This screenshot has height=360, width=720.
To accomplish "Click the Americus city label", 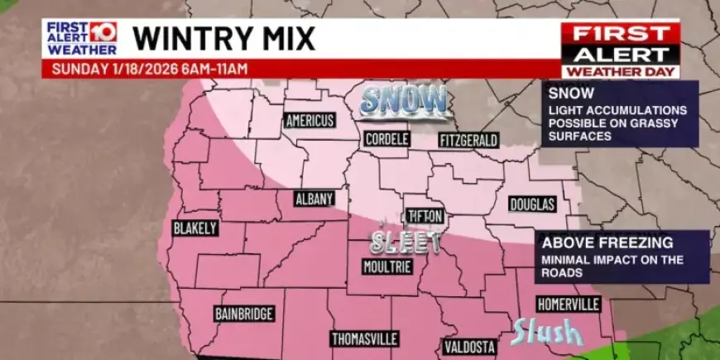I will [x=310, y=121].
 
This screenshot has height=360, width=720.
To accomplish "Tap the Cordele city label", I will [x=386, y=139].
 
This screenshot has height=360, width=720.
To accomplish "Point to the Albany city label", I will [x=314, y=199].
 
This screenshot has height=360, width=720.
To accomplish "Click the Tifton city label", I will [x=426, y=216].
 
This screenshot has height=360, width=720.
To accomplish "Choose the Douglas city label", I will [x=532, y=204].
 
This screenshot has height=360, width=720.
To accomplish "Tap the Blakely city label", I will [x=195, y=228].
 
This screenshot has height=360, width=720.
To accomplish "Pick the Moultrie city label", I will [x=386, y=266].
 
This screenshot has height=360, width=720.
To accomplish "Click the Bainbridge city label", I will [x=244, y=314].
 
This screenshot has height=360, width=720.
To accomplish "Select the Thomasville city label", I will [x=365, y=339].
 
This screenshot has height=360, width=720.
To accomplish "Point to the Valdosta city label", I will [x=469, y=346].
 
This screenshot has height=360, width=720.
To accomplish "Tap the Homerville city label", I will [x=568, y=304].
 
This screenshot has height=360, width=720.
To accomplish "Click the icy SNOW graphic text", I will [x=404, y=100].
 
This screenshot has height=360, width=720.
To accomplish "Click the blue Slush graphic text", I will [x=546, y=332].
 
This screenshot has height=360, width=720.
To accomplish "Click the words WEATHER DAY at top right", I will [x=621, y=72].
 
